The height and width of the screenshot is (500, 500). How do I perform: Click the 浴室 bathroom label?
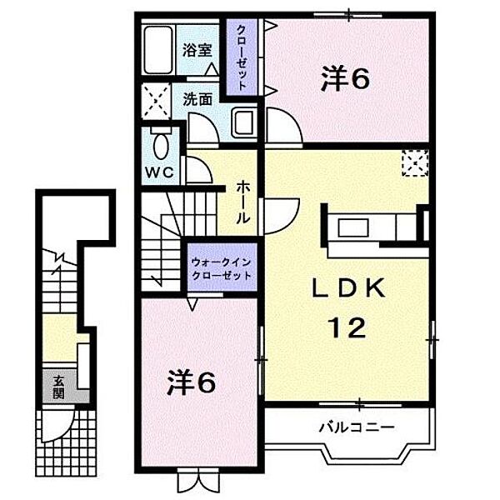tap(197, 50)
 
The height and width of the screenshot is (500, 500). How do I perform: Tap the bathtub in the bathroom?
tap(159, 50)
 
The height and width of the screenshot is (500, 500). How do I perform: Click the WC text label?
tap(160, 172)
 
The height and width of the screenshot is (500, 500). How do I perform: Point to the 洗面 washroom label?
tap(197, 100)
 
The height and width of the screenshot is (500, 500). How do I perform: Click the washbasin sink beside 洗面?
tap(244, 122)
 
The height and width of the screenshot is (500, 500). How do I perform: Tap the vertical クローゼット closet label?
tap(241, 57)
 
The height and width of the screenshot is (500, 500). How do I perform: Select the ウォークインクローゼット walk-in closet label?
tap(222, 269)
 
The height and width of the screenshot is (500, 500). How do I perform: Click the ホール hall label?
tap(242, 202)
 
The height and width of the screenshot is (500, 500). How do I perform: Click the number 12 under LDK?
tap(348, 327)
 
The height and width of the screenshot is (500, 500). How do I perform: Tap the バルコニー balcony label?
tap(357, 427)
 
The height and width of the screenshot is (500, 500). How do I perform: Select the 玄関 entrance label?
tap(58, 387)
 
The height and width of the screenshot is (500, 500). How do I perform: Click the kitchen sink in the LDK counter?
tap(353, 227)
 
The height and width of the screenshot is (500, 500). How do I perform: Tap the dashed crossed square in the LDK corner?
tap(415, 163)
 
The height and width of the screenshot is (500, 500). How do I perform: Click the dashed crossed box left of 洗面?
tap(155, 102)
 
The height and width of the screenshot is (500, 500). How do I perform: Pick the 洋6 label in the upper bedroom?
tap(345, 77)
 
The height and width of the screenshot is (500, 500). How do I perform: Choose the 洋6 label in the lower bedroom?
tap(191, 382)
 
